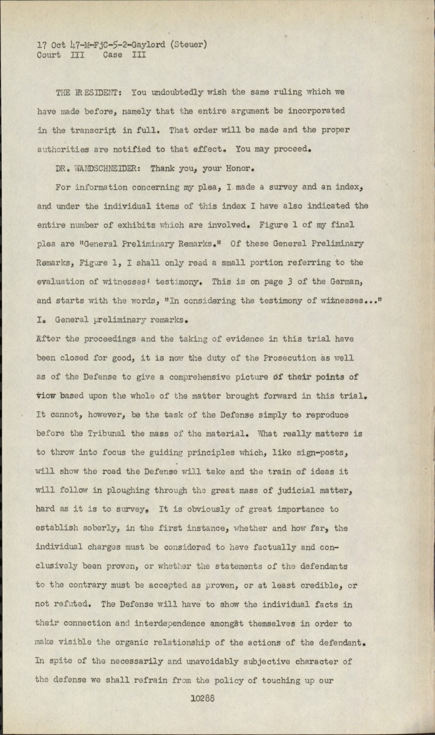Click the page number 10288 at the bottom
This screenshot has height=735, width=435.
coord(203,699)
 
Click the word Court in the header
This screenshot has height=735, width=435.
coord(49,55)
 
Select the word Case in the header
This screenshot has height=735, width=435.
coord(113,55)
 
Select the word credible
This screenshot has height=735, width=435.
coord(329,585)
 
